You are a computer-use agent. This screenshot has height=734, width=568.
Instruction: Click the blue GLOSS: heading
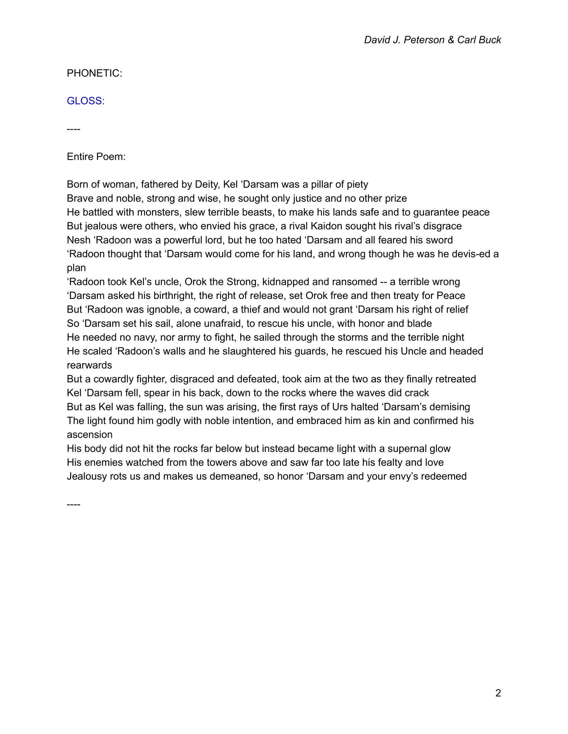coord(86,101)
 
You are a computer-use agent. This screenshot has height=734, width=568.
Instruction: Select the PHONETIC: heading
coord(95,73)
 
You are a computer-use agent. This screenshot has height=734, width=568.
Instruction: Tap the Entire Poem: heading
coord(96,156)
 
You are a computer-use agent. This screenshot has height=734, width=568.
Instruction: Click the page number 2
coord(498,693)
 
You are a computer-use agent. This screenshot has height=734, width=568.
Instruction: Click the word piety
coord(356,184)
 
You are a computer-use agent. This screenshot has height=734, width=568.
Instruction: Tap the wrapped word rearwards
coord(89,365)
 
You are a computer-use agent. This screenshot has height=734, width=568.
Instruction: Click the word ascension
coord(90,434)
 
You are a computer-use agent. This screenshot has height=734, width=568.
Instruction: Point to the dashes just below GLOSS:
coord(74,129)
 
